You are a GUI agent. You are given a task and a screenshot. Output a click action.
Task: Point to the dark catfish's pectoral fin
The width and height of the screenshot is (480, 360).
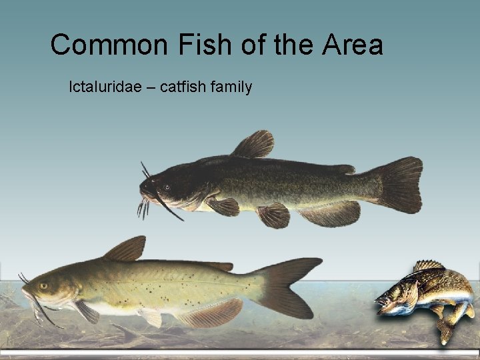tap(223, 205)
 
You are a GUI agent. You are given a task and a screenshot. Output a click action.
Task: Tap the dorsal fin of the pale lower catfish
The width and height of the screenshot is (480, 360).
tap(127, 249)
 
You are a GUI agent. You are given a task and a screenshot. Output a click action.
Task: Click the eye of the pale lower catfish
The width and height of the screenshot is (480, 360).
tap(44, 285)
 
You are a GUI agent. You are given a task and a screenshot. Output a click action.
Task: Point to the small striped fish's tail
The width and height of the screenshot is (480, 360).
tap(445, 329)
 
